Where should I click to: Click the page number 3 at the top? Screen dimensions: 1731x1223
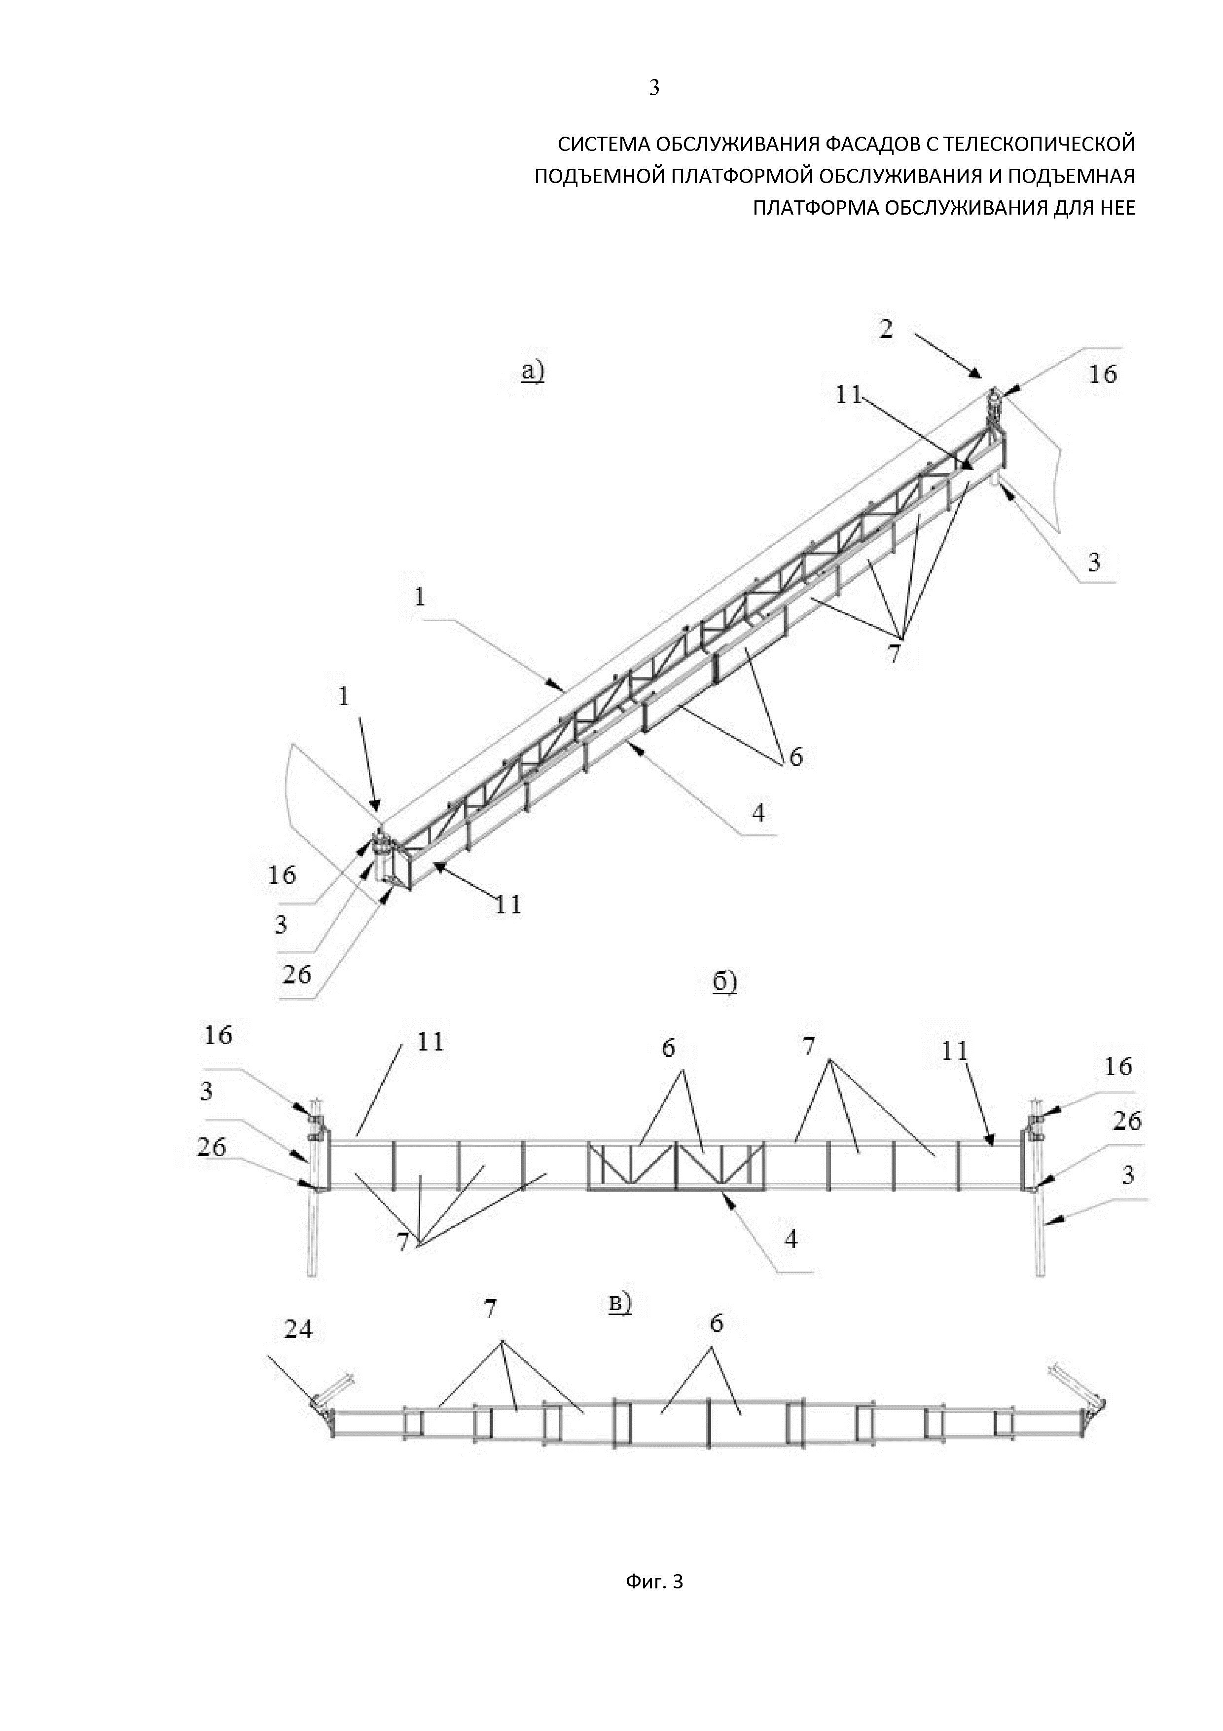pos(654,88)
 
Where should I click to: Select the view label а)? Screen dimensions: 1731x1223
pos(533,371)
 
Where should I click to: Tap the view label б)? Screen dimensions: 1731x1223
pos(724,982)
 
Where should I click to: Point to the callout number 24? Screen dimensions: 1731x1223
pos(298,1329)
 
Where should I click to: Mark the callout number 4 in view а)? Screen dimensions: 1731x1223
pos(758,814)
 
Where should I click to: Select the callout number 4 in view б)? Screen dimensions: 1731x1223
pos(791,1239)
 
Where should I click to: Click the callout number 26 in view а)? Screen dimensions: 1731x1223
pos(296,975)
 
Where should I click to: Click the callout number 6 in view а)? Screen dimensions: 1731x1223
pos(796,756)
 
